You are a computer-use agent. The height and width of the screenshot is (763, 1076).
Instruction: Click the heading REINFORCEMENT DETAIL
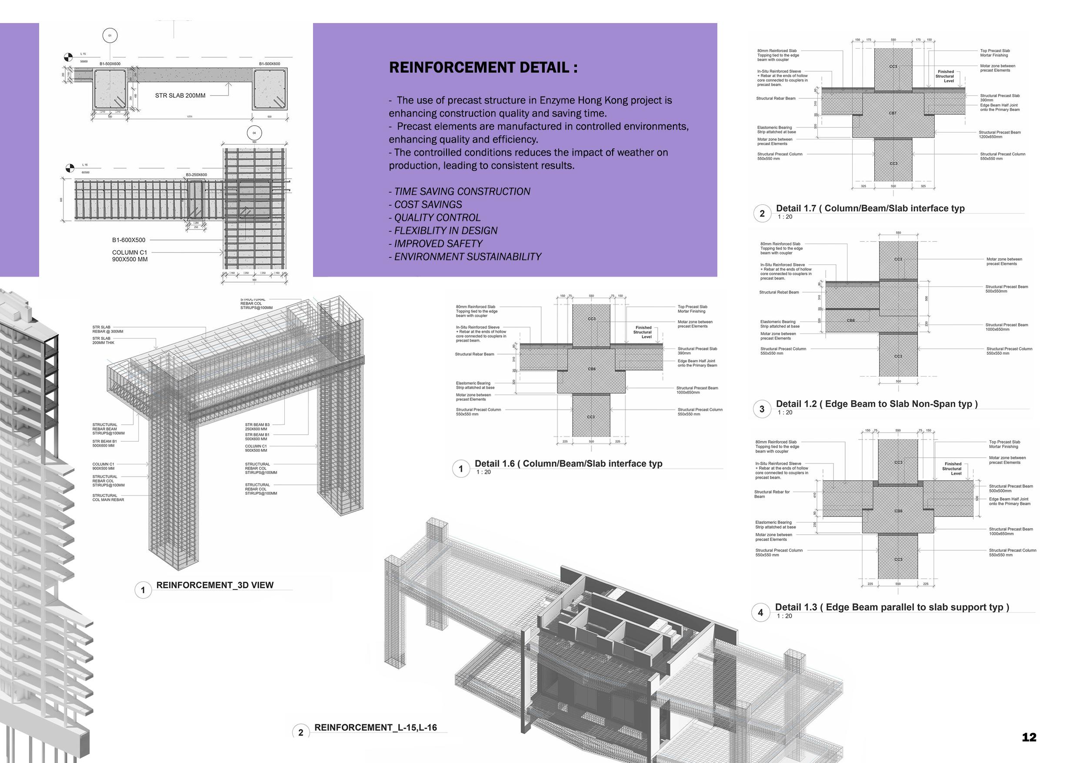[x=483, y=68]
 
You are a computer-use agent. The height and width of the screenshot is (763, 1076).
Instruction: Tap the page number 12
[x=1029, y=737]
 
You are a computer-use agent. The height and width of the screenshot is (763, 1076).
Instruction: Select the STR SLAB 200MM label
[x=180, y=95]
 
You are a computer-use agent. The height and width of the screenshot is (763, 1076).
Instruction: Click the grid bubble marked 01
[x=110, y=35]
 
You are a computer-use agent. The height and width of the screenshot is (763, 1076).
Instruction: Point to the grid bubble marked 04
[x=254, y=133]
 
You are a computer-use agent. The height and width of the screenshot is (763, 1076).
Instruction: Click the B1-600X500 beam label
[x=128, y=240]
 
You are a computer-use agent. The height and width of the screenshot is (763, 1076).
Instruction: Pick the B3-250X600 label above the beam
[x=196, y=175]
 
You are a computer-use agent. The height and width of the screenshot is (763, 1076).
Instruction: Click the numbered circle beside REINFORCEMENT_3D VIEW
[x=143, y=590]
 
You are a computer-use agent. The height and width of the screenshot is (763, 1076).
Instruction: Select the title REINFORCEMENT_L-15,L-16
[x=376, y=728]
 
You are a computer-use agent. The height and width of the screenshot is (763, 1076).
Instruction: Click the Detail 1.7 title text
[x=870, y=209]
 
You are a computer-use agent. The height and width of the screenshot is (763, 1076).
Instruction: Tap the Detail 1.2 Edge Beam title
[x=876, y=404]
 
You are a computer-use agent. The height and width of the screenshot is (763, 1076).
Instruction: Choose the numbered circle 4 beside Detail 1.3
[x=760, y=613]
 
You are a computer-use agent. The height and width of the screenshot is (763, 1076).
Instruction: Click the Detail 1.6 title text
[x=568, y=464]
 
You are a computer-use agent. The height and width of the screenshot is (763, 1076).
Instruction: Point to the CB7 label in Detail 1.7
[x=892, y=113]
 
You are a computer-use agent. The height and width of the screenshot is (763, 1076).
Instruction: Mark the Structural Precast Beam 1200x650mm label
[x=999, y=135]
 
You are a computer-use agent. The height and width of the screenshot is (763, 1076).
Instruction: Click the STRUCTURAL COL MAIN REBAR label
[x=108, y=497]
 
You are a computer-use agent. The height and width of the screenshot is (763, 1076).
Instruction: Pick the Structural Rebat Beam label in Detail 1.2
[x=779, y=292]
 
